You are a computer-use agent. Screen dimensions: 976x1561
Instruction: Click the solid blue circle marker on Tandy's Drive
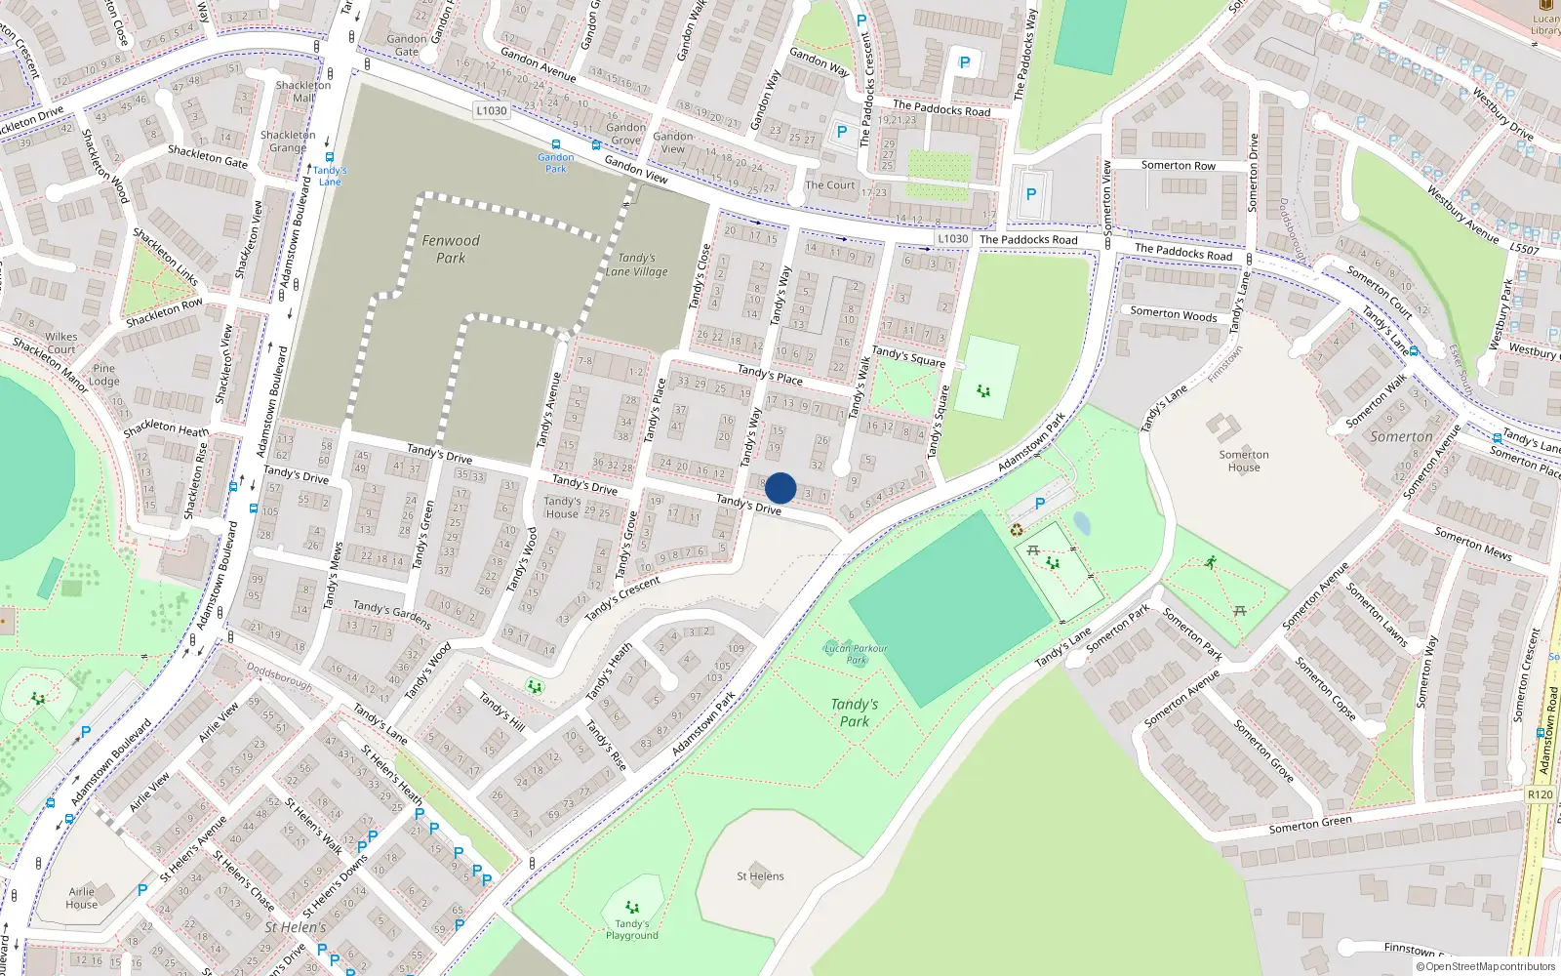click(x=780, y=488)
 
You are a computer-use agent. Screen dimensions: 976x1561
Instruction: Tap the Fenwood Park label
click(x=451, y=249)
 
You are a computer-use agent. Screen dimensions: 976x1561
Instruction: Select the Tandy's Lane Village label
click(x=636, y=264)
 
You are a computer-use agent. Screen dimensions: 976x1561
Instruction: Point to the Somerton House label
click(x=1244, y=461)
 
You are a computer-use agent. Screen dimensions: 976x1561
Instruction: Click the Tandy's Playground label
click(x=632, y=929)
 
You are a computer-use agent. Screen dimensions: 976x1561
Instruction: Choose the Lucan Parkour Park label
click(x=856, y=654)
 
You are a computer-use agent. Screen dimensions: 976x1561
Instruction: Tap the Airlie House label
click(x=82, y=898)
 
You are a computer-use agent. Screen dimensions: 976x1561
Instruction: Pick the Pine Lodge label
click(x=104, y=375)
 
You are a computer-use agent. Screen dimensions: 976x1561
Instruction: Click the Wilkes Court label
click(x=61, y=343)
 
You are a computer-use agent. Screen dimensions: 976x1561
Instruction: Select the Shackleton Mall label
click(x=303, y=91)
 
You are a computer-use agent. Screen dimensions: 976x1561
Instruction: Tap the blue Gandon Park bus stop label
click(x=556, y=162)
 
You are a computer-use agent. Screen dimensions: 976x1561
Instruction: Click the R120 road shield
click(x=1541, y=794)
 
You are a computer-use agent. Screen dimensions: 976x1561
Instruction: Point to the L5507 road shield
click(x=1525, y=249)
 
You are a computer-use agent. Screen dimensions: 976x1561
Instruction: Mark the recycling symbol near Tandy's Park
click(x=1017, y=530)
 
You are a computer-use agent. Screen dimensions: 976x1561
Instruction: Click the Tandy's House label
click(x=562, y=508)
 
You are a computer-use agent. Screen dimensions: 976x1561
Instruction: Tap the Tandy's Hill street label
click(x=502, y=712)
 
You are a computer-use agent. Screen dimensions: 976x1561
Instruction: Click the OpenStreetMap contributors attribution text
click(x=1486, y=967)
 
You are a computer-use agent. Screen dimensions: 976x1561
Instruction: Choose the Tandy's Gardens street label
click(x=392, y=614)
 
